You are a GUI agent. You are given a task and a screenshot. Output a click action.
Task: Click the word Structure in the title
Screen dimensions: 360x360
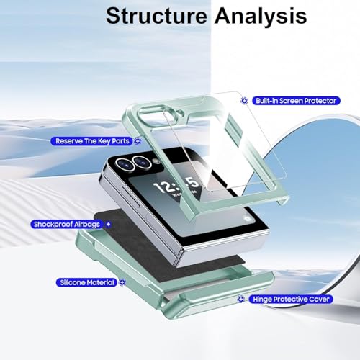(156, 16)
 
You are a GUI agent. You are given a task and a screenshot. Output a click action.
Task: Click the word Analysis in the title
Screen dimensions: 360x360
(261, 17)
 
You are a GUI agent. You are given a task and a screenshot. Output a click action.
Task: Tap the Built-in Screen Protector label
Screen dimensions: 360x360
(296, 101)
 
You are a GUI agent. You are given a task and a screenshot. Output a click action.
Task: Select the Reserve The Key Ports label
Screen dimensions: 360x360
(91, 141)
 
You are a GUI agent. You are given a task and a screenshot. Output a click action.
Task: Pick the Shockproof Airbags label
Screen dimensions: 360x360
(67, 225)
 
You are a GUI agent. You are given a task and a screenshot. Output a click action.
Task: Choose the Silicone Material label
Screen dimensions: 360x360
(86, 282)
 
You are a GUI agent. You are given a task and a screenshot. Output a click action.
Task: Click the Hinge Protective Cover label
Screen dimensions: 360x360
(291, 300)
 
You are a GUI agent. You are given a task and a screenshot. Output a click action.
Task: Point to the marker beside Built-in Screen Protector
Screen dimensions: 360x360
(244, 101)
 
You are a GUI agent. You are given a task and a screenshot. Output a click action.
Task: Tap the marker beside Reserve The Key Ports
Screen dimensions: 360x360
(138, 141)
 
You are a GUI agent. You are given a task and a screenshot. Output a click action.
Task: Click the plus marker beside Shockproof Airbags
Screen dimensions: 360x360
(108, 225)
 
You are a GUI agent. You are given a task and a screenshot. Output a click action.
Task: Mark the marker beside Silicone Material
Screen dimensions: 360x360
(122, 282)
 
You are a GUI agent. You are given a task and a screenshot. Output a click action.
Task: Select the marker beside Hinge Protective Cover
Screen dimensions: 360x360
(241, 299)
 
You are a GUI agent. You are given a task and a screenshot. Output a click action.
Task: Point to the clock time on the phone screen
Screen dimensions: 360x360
(176, 185)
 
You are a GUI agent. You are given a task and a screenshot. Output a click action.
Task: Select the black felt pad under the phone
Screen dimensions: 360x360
(166, 243)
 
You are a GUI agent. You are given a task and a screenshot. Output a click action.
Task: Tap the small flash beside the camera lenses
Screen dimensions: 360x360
(156, 161)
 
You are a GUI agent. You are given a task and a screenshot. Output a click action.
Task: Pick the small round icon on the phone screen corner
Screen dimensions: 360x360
(246, 219)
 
